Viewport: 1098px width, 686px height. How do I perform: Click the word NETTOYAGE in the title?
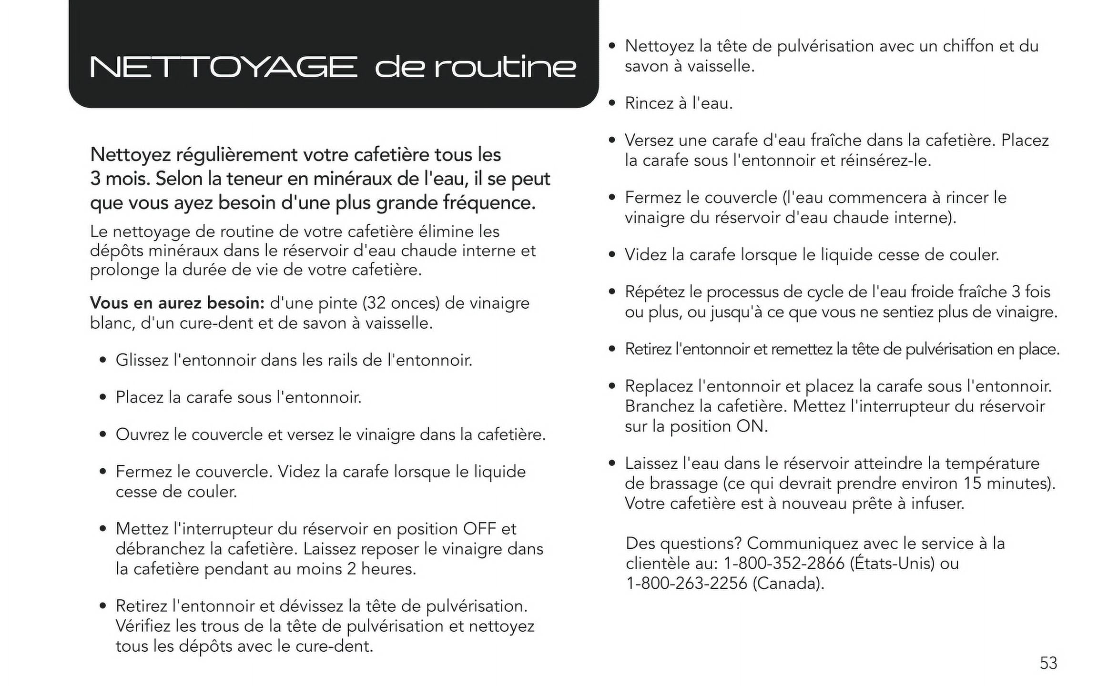(223, 67)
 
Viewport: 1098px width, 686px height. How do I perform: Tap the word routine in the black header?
(505, 67)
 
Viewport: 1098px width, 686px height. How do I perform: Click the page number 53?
(1048, 663)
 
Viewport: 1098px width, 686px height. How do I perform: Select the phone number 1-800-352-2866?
(783, 564)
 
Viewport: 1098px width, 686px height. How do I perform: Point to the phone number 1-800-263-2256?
(686, 584)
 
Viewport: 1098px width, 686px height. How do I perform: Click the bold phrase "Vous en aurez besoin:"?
(177, 303)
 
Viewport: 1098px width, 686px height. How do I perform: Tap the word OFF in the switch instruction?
(479, 529)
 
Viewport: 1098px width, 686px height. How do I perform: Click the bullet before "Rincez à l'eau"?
(612, 103)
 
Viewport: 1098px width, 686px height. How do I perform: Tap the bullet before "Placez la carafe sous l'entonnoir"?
(103, 397)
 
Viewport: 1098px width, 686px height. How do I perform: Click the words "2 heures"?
(381, 569)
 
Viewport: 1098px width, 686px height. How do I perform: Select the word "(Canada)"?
(788, 584)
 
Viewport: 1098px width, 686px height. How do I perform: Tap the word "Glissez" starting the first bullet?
(142, 360)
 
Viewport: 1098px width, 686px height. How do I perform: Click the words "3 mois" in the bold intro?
(119, 179)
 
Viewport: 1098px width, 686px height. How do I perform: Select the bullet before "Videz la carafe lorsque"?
(612, 254)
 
